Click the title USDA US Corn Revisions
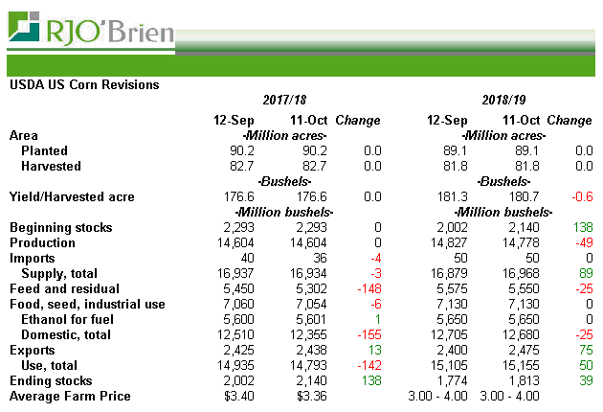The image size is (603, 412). click(x=83, y=84)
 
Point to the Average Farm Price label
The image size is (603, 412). click(x=70, y=396)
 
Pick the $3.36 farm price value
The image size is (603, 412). click(x=311, y=396)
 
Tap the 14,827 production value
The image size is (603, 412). click(x=447, y=242)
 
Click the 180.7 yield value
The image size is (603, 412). click(x=523, y=196)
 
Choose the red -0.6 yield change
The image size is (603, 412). click(x=580, y=196)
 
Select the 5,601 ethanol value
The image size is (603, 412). click(x=309, y=319)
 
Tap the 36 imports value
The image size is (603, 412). click(x=318, y=258)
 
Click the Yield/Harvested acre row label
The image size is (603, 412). click(x=72, y=196)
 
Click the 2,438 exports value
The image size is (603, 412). click(x=309, y=350)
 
